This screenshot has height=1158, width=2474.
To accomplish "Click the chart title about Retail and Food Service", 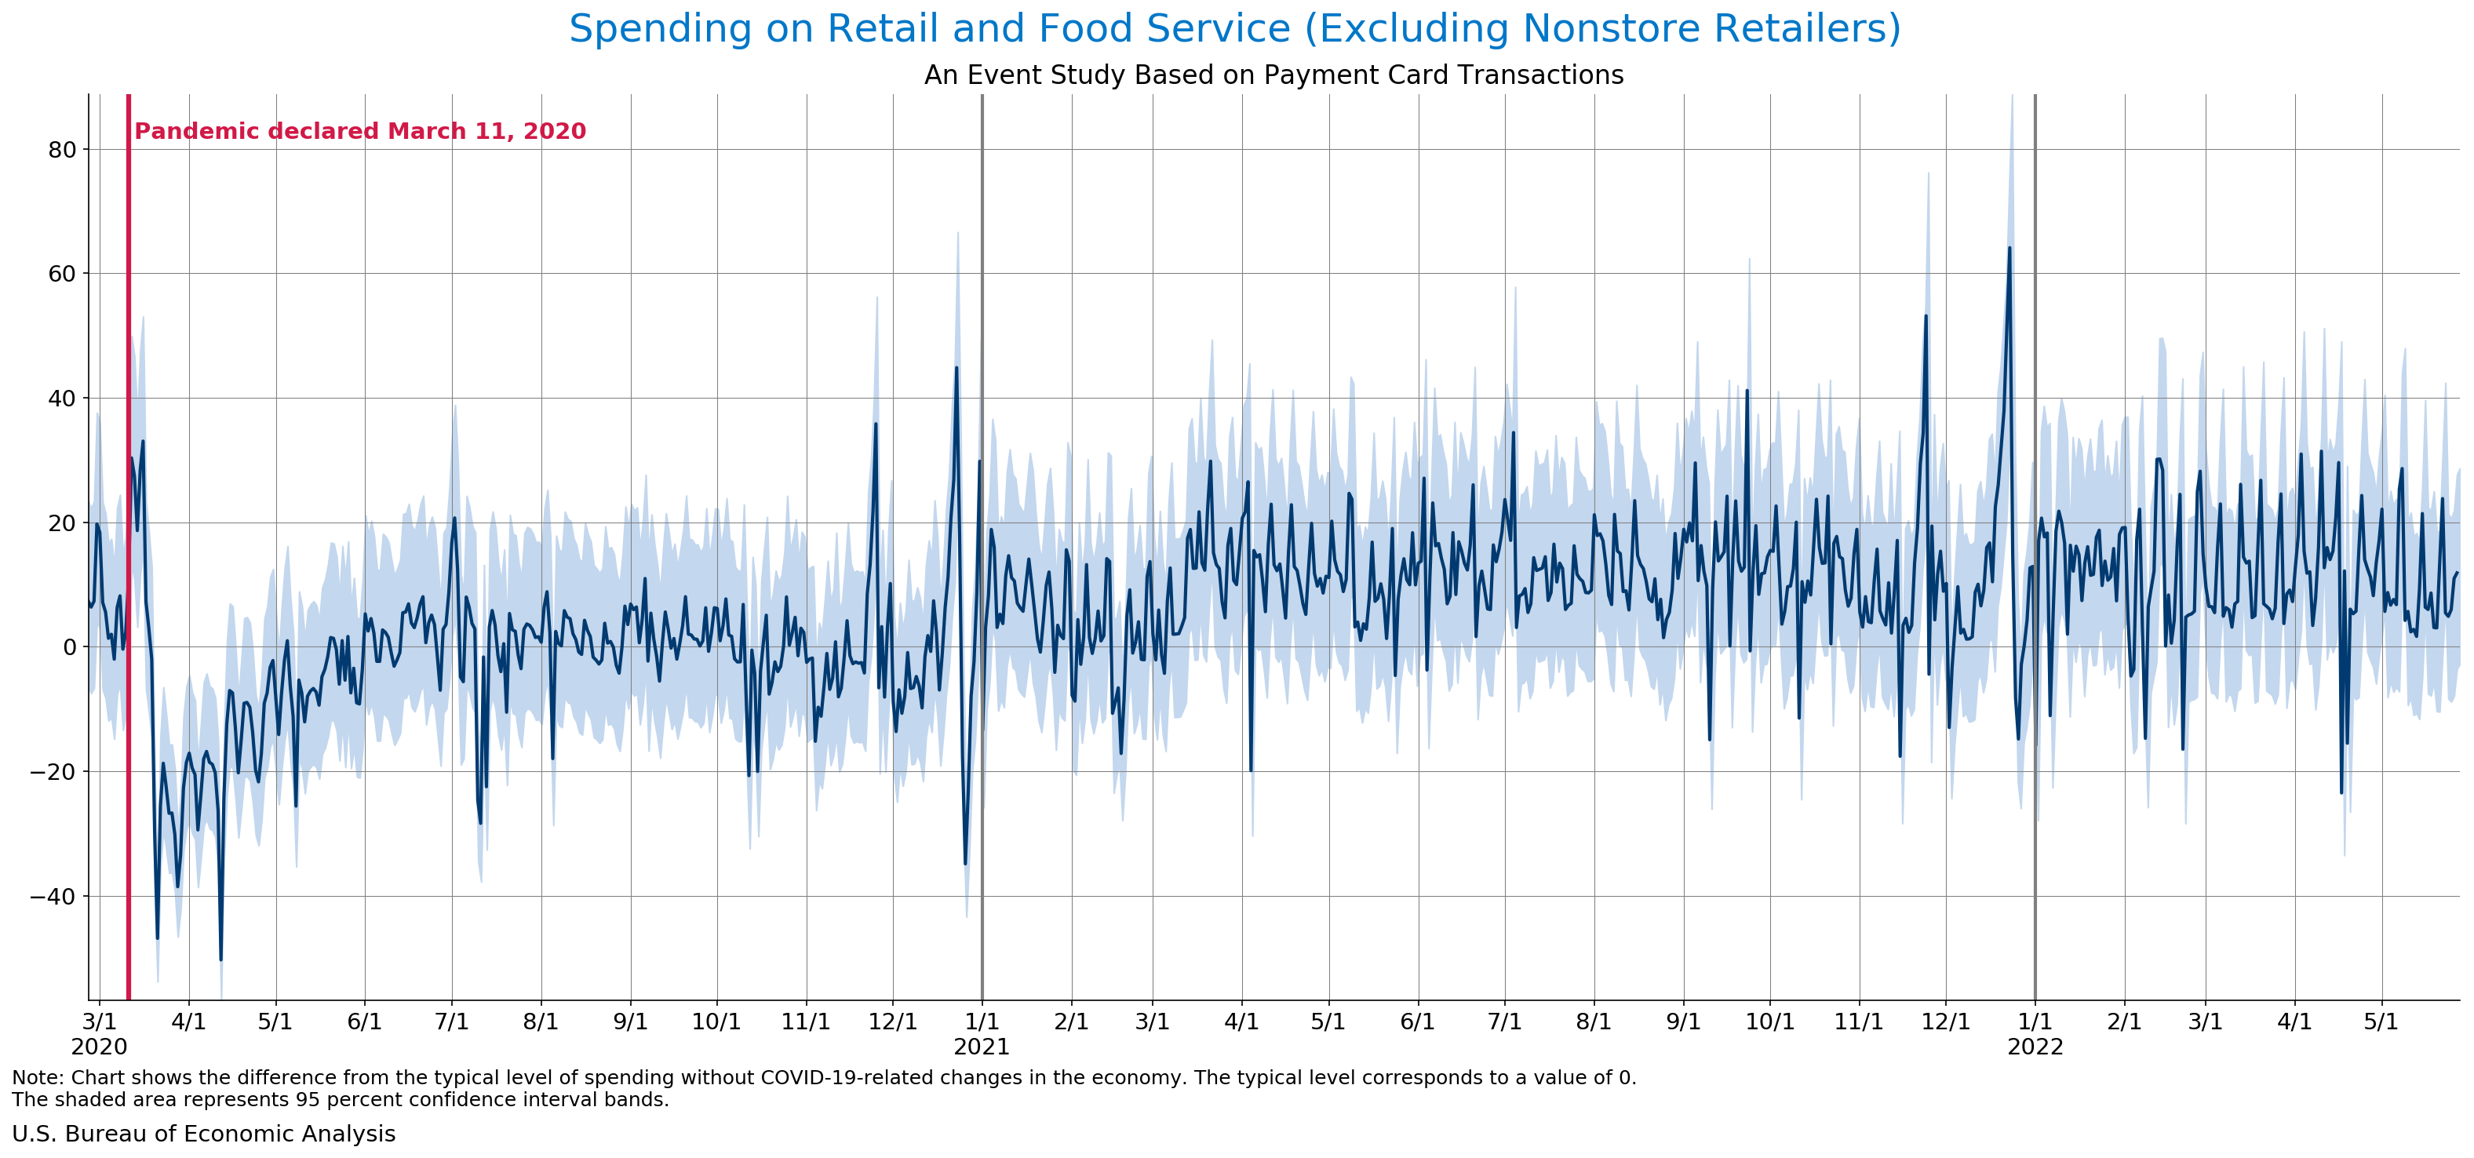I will [x=1234, y=29].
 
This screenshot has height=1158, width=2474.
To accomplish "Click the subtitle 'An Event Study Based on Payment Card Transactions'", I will [x=1273, y=75].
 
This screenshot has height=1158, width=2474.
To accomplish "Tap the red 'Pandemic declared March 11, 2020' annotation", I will [x=359, y=132].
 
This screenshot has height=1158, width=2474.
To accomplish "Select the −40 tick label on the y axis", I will [x=53, y=897].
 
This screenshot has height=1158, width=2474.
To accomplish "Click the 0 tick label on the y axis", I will [x=69, y=648].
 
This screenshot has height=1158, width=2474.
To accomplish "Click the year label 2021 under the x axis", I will [x=981, y=1047].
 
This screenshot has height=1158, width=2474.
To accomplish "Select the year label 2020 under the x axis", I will [x=99, y=1047].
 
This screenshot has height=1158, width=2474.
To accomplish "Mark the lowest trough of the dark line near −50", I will [x=221, y=958].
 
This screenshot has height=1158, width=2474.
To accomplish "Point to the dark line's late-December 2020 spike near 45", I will [x=956, y=368].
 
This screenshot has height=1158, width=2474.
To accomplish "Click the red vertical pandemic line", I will [x=129, y=576].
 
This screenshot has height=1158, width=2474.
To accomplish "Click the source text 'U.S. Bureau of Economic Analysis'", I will [x=203, y=1134].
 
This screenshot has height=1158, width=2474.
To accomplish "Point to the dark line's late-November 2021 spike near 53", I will [x=1926, y=317].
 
